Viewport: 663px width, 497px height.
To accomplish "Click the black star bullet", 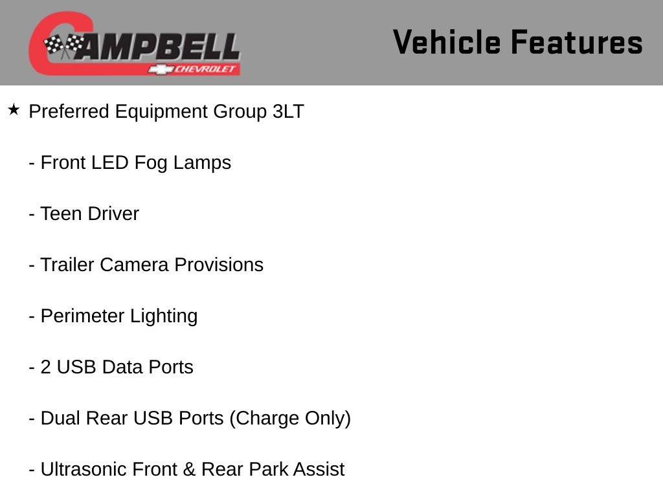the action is click(x=14, y=110).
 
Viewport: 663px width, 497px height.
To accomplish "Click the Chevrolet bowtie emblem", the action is click(x=161, y=69).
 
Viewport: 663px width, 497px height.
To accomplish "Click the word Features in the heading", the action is click(x=577, y=42).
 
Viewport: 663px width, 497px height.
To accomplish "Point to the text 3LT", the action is click(x=288, y=111).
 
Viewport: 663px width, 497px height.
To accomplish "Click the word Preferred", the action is click(x=69, y=111).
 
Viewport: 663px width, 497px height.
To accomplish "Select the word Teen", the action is click(x=59, y=214).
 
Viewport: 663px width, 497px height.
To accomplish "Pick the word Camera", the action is click(x=135, y=265).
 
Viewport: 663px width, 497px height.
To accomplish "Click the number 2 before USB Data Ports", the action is click(x=46, y=368).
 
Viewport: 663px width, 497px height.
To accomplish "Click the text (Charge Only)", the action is click(x=290, y=419).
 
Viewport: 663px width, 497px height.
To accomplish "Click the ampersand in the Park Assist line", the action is click(x=190, y=470).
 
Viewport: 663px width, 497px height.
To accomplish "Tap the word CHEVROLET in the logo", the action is click(x=205, y=69).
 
